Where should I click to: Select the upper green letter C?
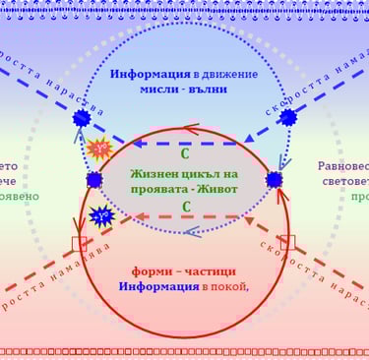(x=185, y=153)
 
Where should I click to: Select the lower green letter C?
(x=185, y=208)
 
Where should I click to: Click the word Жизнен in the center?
(x=155, y=173)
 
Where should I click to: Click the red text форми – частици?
(x=184, y=270)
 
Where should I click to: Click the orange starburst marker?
(x=99, y=149)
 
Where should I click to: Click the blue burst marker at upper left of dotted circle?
(x=82, y=118)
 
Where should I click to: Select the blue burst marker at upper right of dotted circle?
(x=287, y=117)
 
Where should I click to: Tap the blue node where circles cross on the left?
(x=94, y=180)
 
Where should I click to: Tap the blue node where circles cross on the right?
(x=274, y=180)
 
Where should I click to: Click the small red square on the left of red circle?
(x=80, y=243)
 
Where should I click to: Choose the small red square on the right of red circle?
(x=287, y=241)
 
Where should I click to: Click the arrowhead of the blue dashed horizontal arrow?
(x=138, y=144)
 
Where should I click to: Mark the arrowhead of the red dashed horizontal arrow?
(x=140, y=216)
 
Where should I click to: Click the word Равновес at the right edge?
(x=343, y=167)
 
